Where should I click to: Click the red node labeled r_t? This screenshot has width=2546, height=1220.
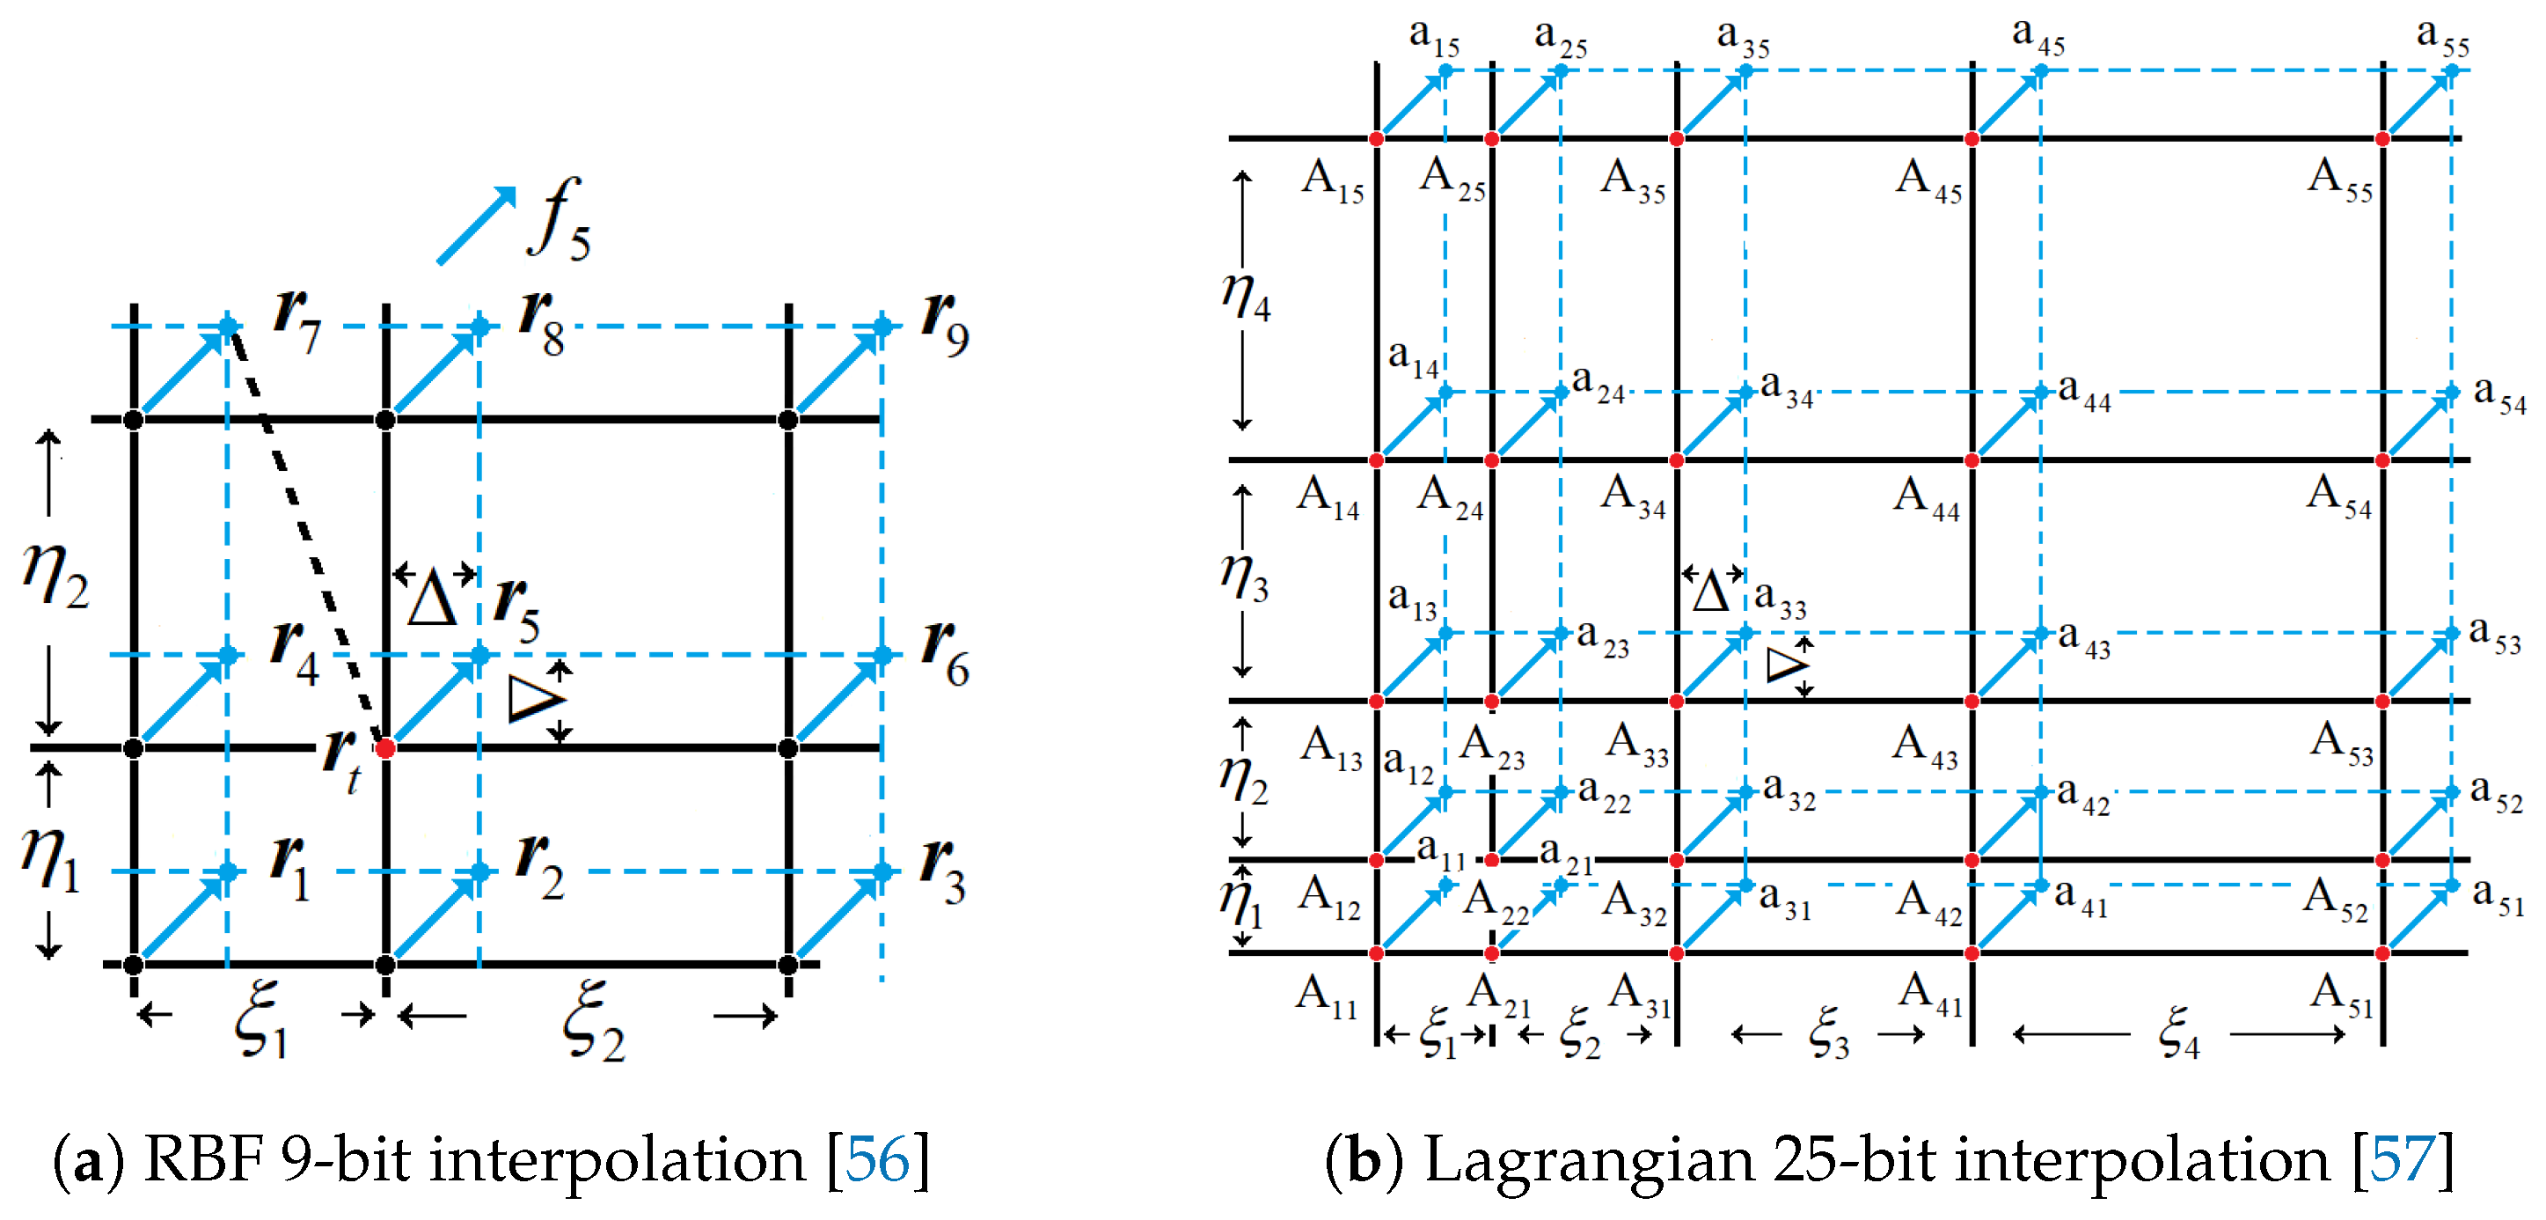coord(385,747)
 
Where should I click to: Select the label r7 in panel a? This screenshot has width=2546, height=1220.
coord(297,320)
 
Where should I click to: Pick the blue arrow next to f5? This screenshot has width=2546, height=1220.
coord(477,225)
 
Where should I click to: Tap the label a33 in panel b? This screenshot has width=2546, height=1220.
coord(1780,599)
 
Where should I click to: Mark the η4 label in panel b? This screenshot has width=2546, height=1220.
coord(1246,296)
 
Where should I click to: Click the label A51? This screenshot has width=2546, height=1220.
coord(2341,995)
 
